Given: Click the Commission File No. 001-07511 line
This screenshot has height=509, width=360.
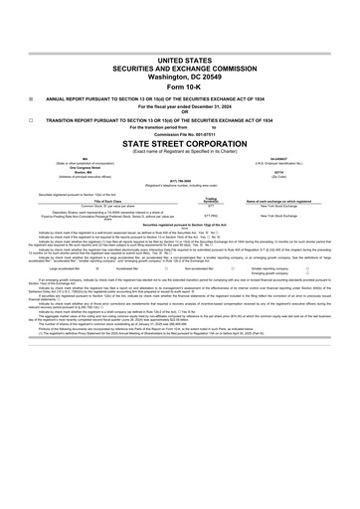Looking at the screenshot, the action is click(x=179, y=163).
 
